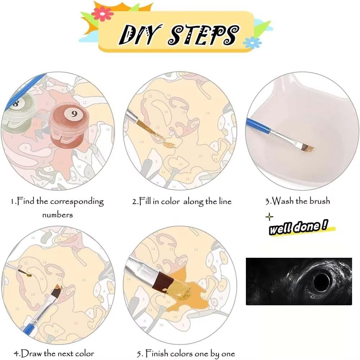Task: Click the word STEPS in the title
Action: click(204, 35)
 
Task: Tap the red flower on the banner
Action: click(102, 14)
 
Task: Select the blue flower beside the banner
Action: click(252, 42)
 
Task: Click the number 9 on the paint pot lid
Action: click(74, 114)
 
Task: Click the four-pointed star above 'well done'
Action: click(269, 217)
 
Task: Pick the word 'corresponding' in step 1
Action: click(77, 202)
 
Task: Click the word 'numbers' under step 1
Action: click(57, 215)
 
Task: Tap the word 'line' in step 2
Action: click(225, 201)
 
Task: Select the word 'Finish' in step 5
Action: click(158, 353)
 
